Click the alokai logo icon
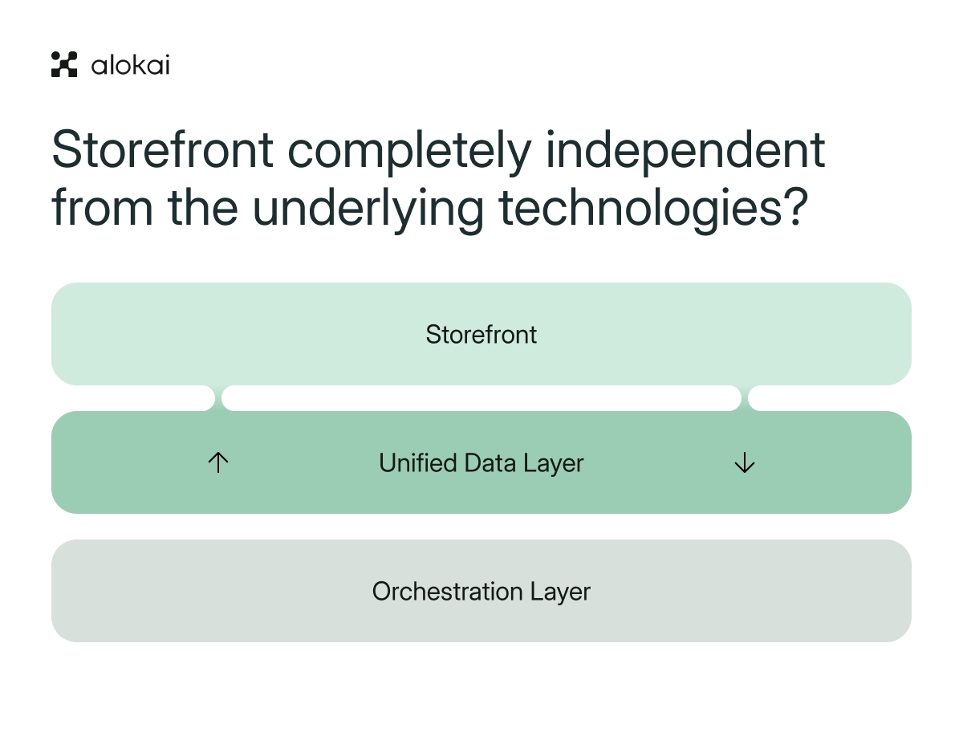pyautogui.click(x=64, y=64)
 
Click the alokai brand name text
pyautogui.click(x=130, y=65)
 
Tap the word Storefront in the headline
pyautogui.click(x=162, y=149)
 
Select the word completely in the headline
pyautogui.click(x=409, y=152)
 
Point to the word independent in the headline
pyautogui.click(x=685, y=151)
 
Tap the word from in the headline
pyautogui.click(x=103, y=207)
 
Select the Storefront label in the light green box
pyautogui.click(x=481, y=334)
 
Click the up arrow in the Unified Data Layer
pyautogui.click(x=218, y=462)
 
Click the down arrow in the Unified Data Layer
pyautogui.click(x=745, y=462)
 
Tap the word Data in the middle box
pyautogui.click(x=490, y=462)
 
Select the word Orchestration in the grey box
pyautogui.click(x=448, y=591)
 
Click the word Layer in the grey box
pyautogui.click(x=561, y=593)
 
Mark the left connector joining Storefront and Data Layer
pyautogui.click(x=218, y=398)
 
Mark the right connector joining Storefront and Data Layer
pyautogui.click(x=745, y=398)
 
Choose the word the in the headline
pyautogui.click(x=203, y=207)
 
